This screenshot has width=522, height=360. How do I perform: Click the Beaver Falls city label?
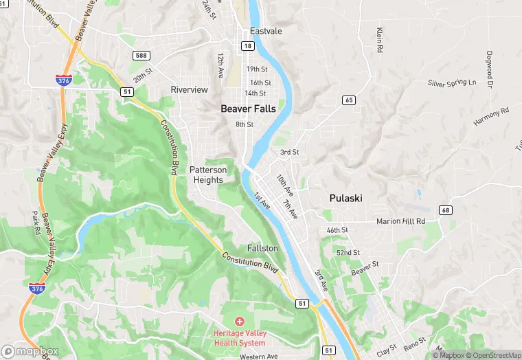[248, 109]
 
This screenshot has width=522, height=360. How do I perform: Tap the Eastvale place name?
[266, 32]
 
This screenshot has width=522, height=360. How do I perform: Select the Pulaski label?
[345, 198]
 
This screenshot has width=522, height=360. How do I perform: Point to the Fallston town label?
[262, 248]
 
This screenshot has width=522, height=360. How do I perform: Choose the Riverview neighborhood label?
[189, 90]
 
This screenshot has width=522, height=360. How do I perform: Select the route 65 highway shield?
[350, 100]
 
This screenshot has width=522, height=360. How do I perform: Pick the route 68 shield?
[446, 210]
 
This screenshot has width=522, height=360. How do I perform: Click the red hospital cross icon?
[240, 321]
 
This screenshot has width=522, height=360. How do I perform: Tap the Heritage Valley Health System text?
[240, 337]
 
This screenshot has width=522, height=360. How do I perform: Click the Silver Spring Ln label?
[451, 83]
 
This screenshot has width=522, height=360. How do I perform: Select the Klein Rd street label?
[379, 41]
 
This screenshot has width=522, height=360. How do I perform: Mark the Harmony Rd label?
[490, 115]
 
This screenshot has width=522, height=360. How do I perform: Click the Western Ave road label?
[259, 357]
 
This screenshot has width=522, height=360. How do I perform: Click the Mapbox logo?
[30, 350]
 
